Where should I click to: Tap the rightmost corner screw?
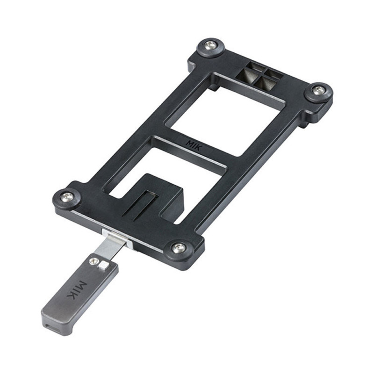[x=319, y=90]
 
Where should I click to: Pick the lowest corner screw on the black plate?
[x=178, y=247]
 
